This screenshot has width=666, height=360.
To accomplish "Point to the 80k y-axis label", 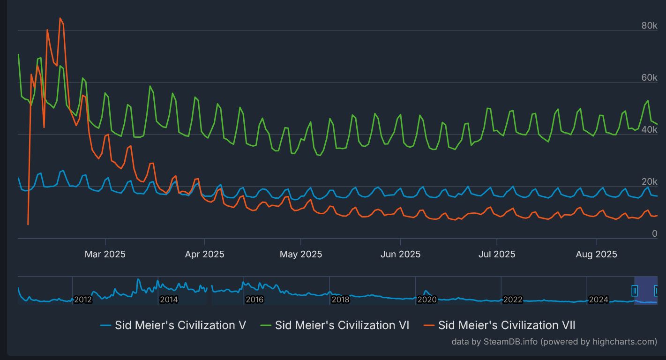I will click(x=649, y=25).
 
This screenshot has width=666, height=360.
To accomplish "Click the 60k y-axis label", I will click(x=649, y=77).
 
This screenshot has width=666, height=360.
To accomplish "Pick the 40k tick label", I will click(x=649, y=129).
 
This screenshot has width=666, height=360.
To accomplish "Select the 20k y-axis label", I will click(x=649, y=181).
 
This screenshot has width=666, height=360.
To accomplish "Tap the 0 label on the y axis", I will click(x=655, y=233).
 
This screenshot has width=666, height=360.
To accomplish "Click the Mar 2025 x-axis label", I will click(x=105, y=254).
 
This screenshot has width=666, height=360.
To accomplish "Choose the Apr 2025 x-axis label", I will click(x=204, y=254).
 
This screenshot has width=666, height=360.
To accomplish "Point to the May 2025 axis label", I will click(x=301, y=254).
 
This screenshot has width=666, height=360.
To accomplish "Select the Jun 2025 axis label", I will click(x=400, y=254).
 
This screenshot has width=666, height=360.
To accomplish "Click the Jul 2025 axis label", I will click(x=497, y=254).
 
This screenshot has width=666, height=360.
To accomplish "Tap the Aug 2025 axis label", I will click(x=596, y=254).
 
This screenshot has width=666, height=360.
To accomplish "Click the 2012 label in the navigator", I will click(x=82, y=300).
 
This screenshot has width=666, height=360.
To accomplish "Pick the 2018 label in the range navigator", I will click(x=340, y=300).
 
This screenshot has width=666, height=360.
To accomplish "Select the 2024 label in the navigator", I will click(x=598, y=300).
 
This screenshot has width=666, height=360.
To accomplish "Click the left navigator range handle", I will click(x=635, y=291).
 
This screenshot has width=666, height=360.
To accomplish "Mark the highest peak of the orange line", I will click(x=60, y=18).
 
